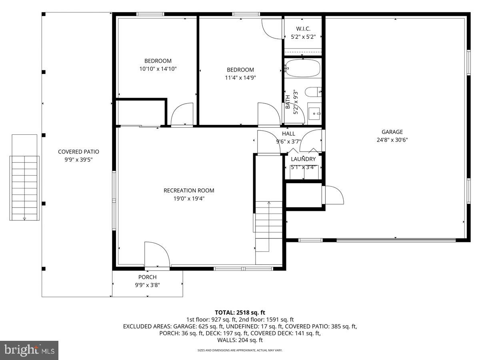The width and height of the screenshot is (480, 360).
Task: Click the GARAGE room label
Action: pyautogui.click(x=392, y=132)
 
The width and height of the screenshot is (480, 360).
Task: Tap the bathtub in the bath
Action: pyautogui.click(x=303, y=68)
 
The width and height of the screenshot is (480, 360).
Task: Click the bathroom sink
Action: pyautogui.click(x=315, y=113)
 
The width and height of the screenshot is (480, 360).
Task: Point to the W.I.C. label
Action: pyautogui.click(x=303, y=29)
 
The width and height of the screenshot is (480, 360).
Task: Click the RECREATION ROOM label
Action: pyautogui.click(x=189, y=190)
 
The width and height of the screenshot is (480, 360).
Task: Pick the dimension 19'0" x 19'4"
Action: pyautogui.click(x=189, y=198)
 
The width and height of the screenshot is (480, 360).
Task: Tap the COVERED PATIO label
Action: pyautogui.click(x=78, y=152)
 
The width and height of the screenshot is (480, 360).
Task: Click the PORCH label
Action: pyautogui.click(x=147, y=277)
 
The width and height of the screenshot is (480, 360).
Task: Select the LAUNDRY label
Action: pyautogui.click(x=303, y=159)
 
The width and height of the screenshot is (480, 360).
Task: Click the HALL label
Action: pyautogui.click(x=288, y=134)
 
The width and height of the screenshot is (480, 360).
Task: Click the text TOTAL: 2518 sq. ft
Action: pyautogui.click(x=240, y=312)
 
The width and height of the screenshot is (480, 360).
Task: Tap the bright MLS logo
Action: pyautogui.click(x=29, y=350)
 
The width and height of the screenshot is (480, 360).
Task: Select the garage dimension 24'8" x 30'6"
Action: pyautogui.click(x=392, y=140)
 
